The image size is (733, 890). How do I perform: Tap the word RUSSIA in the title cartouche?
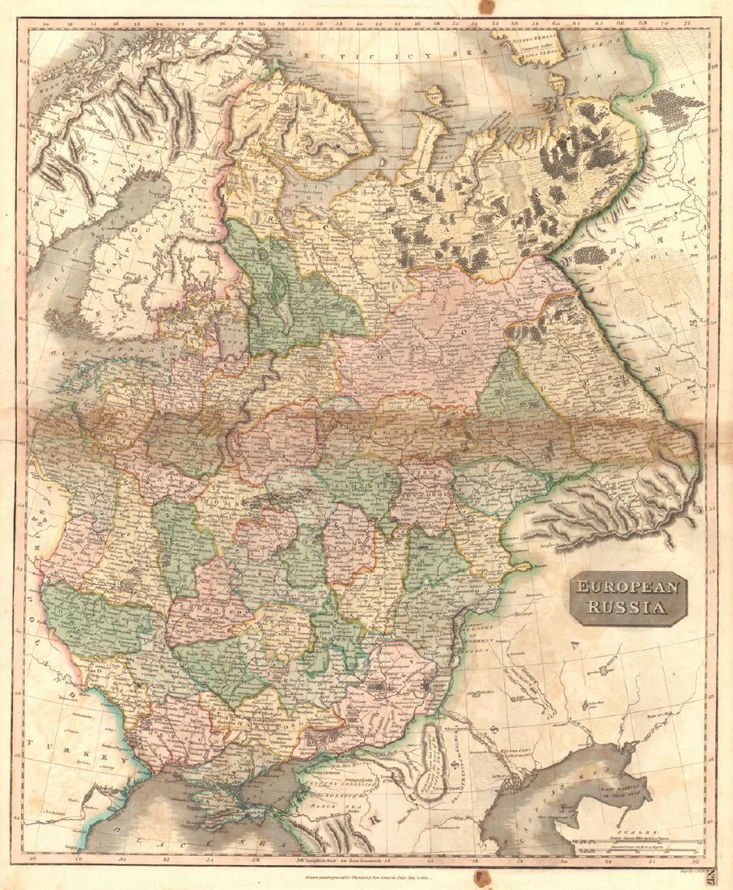(x=628, y=608)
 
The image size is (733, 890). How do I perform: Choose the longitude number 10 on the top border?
(x=47, y=25)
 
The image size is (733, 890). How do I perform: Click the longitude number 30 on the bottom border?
(x=121, y=859)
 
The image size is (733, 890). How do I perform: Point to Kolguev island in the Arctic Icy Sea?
(x=434, y=97)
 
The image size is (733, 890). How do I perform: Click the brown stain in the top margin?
(x=485, y=6)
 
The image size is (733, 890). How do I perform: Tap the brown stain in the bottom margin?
(x=479, y=880)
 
